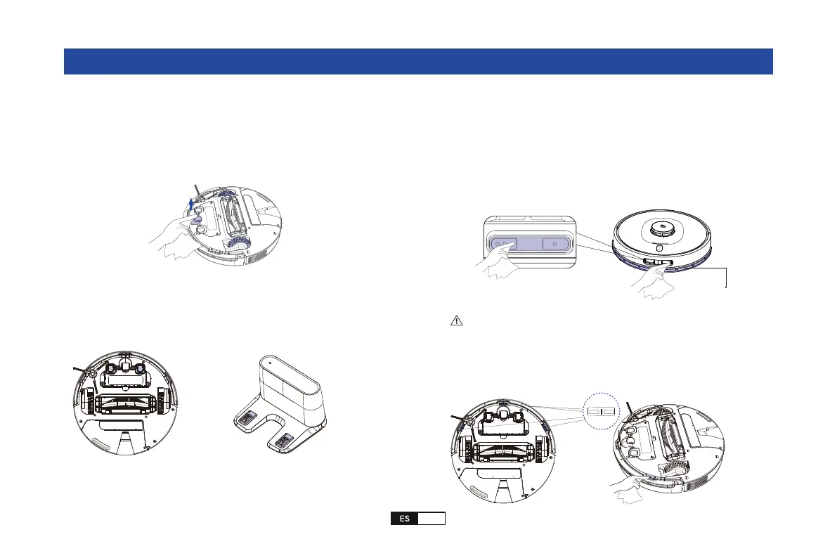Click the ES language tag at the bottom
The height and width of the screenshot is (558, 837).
(x=405, y=519)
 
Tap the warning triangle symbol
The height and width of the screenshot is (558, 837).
(x=456, y=320)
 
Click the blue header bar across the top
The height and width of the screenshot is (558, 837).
(x=418, y=61)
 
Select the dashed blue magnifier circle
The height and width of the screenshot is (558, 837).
(x=600, y=409)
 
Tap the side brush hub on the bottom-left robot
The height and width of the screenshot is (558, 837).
(x=89, y=375)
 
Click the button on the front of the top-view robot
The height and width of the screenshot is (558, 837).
(x=659, y=248)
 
